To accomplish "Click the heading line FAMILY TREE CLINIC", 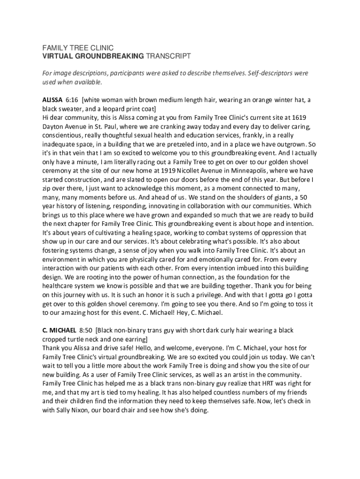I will [x=78, y=48].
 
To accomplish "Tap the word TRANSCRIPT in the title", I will [x=168, y=56].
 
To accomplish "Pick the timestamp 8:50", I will [x=86, y=330].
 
